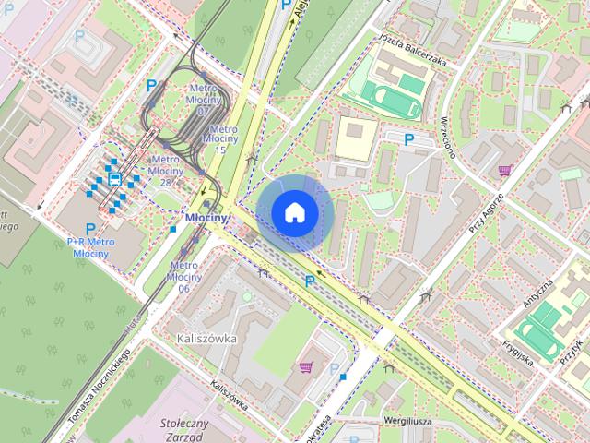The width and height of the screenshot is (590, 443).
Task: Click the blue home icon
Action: (295, 212)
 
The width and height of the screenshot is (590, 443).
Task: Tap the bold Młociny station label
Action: (206, 218)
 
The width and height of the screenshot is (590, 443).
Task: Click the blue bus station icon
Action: (115, 178)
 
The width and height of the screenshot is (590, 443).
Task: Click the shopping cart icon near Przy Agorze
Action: (504, 170)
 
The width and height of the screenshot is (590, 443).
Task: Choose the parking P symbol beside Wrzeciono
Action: (408, 139)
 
